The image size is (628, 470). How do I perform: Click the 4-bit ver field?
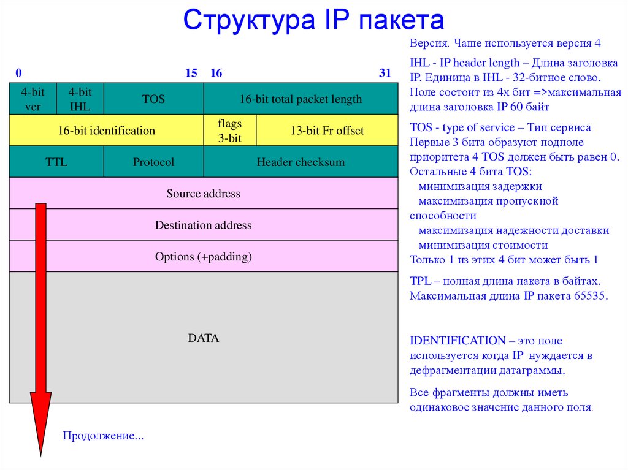(33, 99)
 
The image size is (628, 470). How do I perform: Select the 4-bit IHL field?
(80, 99)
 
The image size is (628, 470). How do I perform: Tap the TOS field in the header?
(153, 99)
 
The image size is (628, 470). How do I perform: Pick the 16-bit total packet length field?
(301, 99)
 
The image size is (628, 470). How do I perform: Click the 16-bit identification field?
(107, 131)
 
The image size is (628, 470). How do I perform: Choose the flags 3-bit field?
(229, 131)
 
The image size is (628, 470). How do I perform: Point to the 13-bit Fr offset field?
(327, 131)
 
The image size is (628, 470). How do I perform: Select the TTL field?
(56, 162)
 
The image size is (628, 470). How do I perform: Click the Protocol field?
(153, 162)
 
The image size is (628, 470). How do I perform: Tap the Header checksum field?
(301, 162)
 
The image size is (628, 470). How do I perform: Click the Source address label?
(204, 194)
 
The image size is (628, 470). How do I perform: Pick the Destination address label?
(204, 225)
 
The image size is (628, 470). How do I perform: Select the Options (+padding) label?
(204, 257)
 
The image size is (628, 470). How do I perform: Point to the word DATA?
(204, 338)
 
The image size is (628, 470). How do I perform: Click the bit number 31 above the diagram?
(385, 74)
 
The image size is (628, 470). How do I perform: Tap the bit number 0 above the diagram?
(19, 74)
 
